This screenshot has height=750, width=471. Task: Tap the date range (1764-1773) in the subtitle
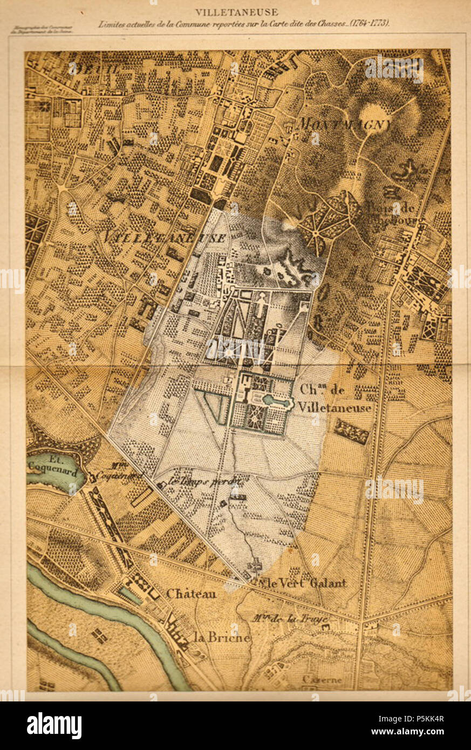[x=370, y=24]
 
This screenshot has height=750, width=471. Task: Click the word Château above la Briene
[x=191, y=594]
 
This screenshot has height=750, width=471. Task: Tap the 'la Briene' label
[x=222, y=637]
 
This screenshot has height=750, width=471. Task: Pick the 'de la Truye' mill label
[x=292, y=619]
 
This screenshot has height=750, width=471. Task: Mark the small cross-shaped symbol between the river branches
[x=99, y=636]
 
